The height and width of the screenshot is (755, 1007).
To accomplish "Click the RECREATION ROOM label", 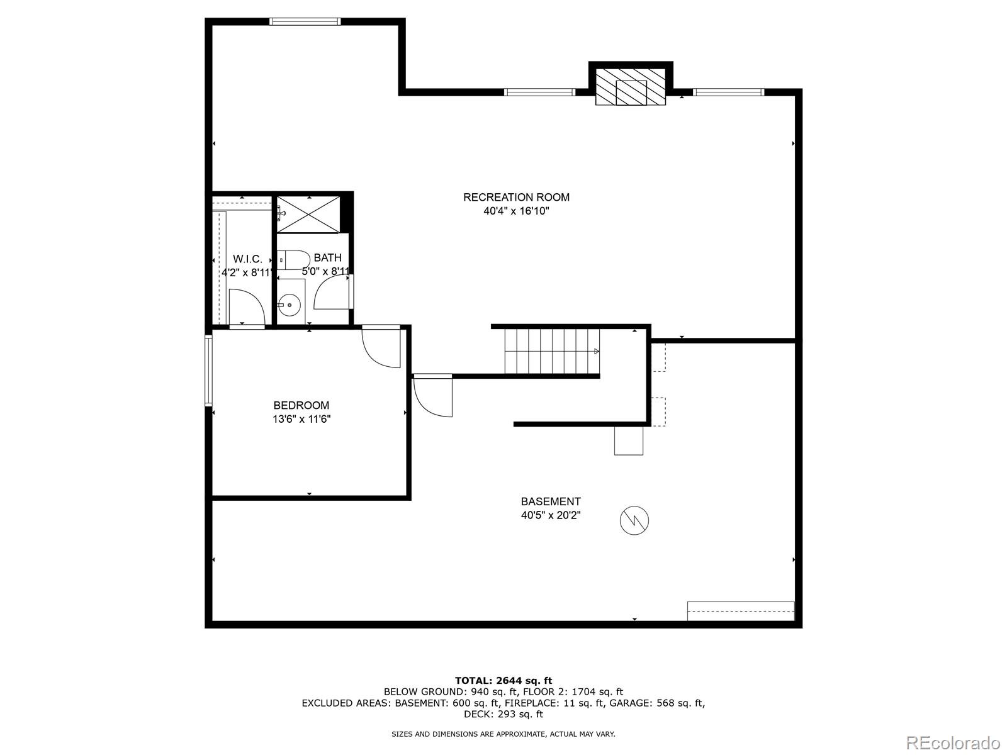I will point(516,197).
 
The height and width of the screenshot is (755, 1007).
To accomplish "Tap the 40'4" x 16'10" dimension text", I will point(516,211).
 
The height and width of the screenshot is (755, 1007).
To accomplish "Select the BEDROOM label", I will point(301,405).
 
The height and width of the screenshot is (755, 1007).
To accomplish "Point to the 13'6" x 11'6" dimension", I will point(301,419).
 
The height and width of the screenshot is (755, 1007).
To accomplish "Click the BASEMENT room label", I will point(550,501).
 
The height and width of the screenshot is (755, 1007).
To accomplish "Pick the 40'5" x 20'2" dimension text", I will point(550,515).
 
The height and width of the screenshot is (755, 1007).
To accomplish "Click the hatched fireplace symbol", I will point(631,87).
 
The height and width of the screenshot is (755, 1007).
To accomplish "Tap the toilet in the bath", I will point(294,259).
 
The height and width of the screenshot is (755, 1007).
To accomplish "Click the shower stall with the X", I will point(308,213).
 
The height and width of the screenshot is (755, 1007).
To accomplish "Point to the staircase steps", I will point(551,351).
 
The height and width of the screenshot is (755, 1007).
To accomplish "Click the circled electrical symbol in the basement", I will point(634,520).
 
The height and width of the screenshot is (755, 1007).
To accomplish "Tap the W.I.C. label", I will point(247,259).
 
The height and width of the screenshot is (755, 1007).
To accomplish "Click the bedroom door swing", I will point(382,348).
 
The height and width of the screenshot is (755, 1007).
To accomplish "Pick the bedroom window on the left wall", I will point(208,370).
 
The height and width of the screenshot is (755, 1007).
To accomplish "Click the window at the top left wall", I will point(305,21).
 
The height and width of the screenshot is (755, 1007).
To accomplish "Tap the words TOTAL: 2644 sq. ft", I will point(503,680).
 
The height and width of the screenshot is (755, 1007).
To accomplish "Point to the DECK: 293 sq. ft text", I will point(503,714).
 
